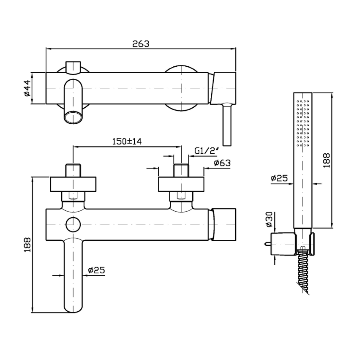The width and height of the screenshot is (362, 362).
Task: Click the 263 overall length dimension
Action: click(141, 44)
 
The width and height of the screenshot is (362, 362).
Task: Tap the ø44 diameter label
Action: click(27, 88)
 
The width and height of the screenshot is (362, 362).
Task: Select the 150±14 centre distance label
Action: click(127, 141)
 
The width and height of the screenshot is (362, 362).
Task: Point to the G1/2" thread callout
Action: click(207, 151)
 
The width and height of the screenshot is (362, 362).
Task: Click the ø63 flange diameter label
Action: click(222, 163)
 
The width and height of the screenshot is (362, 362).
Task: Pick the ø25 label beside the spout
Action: click(96, 270)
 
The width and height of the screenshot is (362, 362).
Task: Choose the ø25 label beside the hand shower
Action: click(279, 178)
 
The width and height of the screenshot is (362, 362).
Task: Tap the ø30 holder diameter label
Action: click(269, 220)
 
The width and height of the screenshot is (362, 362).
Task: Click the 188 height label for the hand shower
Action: click(326, 160)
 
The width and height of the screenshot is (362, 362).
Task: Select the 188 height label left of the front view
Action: click(27, 245)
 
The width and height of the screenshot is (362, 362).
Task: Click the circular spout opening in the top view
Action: click(73, 117)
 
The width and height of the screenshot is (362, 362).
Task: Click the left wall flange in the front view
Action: click(73, 184)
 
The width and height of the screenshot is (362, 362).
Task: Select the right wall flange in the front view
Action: click(181, 184)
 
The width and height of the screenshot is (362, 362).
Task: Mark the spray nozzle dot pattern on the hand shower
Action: click(303, 123)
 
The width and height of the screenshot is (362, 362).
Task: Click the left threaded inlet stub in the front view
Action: click(73, 170)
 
